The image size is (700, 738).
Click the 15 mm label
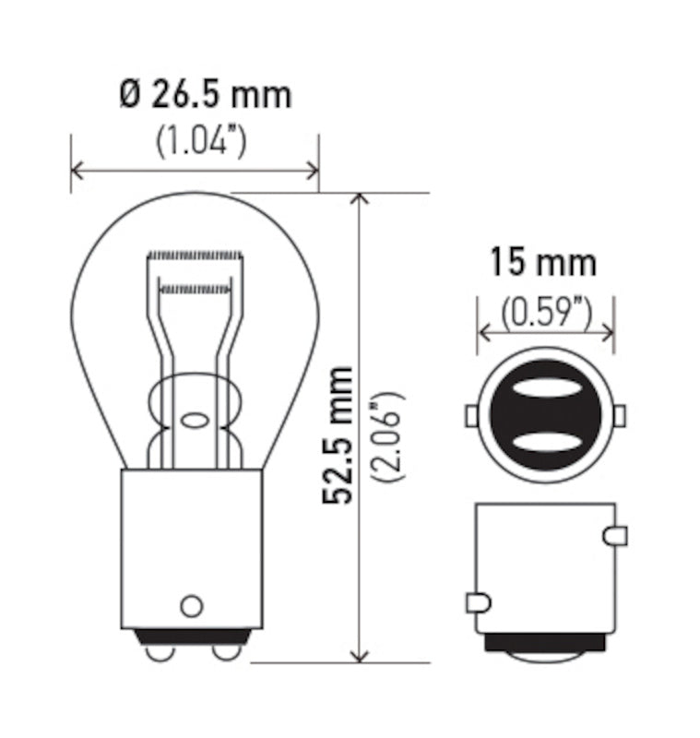pyautogui.click(x=542, y=263)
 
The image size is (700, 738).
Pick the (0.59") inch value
pyautogui.click(x=545, y=313)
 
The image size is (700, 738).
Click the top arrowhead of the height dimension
pyautogui.click(x=361, y=200)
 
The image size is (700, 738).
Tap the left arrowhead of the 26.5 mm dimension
pyautogui.click(x=77, y=170)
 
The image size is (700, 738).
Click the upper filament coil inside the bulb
pyautogui.click(x=195, y=254)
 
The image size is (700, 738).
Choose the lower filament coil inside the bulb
pyautogui.click(x=195, y=289)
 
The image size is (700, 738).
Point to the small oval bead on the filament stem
pyautogui.click(x=195, y=421)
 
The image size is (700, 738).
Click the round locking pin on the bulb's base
pyautogui.click(x=191, y=605)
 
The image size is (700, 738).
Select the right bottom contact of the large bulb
pyautogui.click(x=226, y=651)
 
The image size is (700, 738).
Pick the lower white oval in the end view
pyautogui.click(x=545, y=442)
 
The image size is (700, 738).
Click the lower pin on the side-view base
pyautogui.click(x=478, y=603)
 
